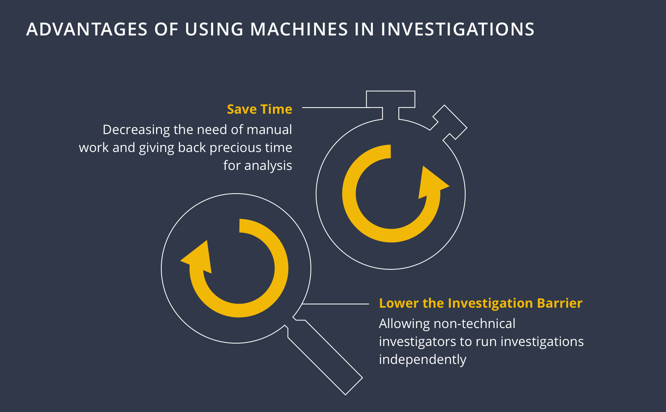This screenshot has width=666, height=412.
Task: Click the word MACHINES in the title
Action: pos(299,29)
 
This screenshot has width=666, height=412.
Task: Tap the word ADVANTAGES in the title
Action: pos(87,29)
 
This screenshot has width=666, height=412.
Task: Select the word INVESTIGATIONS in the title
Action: pos(457,29)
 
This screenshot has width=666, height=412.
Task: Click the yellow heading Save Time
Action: pos(259,109)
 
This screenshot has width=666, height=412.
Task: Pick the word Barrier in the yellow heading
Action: pos(560,303)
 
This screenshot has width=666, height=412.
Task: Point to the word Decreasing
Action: pos(136,130)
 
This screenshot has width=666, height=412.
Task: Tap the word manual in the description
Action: pos(269,130)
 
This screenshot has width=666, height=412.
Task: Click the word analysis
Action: pos(268,166)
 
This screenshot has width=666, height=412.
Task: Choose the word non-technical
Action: pos(475,324)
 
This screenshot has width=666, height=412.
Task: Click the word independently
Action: pos(422,360)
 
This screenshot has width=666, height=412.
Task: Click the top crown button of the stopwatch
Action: pos(390,99)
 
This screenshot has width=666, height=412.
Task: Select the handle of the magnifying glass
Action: pos(325,357)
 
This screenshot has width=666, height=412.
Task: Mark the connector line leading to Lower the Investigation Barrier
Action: pos(335,304)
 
